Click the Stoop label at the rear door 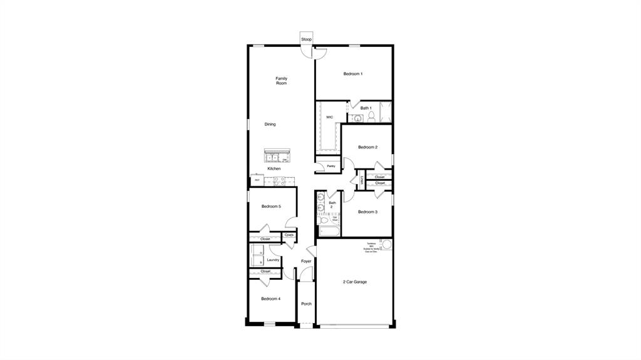(x=306, y=39)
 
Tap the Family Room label (x=282, y=81)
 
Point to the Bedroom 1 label (x=353, y=74)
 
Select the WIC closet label (x=329, y=117)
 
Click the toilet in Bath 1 (x=371, y=118)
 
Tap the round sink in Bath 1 (x=358, y=118)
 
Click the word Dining (x=270, y=124)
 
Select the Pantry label (x=331, y=166)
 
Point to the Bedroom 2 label (x=367, y=147)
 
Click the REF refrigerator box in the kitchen (x=257, y=180)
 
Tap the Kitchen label (x=274, y=168)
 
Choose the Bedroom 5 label (x=271, y=206)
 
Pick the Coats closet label (x=289, y=235)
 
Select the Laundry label (x=273, y=260)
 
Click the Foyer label (x=306, y=261)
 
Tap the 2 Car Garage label (x=355, y=282)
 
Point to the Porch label (x=306, y=304)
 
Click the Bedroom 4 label (x=270, y=299)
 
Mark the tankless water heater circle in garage (x=386, y=244)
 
